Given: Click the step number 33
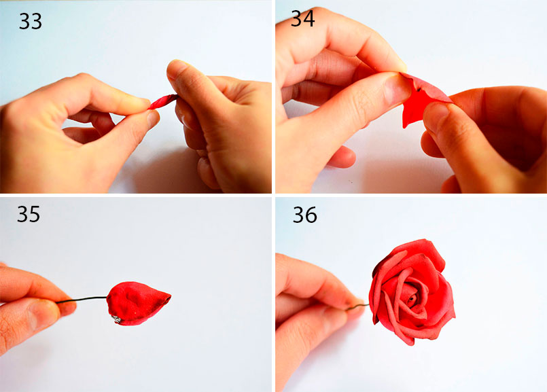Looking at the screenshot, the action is pyautogui.click(x=31, y=21).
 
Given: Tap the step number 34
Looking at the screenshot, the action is pyautogui.click(x=303, y=18).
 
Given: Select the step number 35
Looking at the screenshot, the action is pyautogui.click(x=29, y=214).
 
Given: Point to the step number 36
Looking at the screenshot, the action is pyautogui.click(x=305, y=215).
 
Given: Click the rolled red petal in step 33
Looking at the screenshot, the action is pyautogui.click(x=163, y=101).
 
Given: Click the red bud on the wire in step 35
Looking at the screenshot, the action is pyautogui.click(x=138, y=303).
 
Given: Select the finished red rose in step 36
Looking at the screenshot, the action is pyautogui.click(x=412, y=291).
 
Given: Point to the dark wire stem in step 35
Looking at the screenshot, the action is pyautogui.click(x=82, y=299).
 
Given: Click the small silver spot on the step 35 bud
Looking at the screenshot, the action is pyautogui.click(x=116, y=319).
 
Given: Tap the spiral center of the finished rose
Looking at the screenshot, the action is pyautogui.click(x=412, y=297).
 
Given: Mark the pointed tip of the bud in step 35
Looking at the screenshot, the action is pyautogui.click(x=171, y=297).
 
